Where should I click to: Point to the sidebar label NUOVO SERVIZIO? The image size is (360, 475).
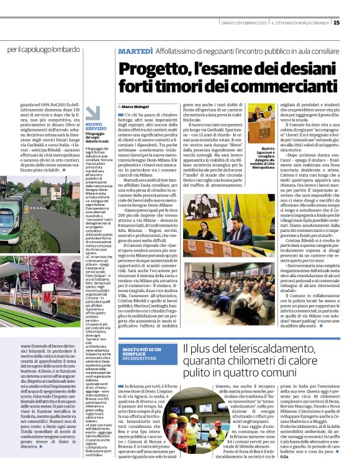[x=95, y=127]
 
